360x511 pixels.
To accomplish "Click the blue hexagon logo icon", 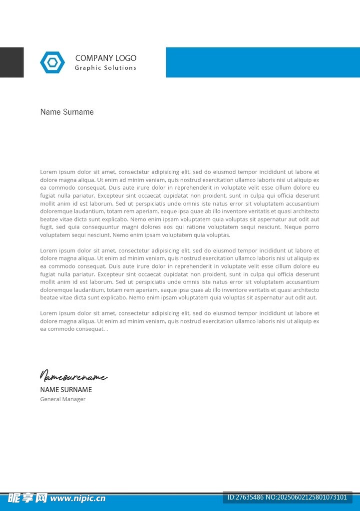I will point(52,62).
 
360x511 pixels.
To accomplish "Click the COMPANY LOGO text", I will point(105,58).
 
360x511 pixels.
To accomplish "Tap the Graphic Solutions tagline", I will point(105,68).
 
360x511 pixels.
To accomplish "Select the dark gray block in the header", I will point(11,62).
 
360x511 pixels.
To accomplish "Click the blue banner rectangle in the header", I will point(263,62).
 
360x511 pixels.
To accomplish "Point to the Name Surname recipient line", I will point(67,112).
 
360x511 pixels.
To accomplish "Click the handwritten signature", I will point(73,376).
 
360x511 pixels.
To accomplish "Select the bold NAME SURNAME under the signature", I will point(66,390).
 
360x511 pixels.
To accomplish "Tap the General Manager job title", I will point(63,399).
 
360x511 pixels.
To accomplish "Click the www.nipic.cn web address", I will point(78,498).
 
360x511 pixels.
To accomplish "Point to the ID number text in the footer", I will point(287,497).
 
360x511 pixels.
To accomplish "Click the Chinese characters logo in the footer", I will point(27,498).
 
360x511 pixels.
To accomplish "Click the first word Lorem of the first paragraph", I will point(49,172).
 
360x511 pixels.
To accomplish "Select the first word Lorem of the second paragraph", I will point(49,251).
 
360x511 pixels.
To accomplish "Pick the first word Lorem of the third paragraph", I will point(49,313).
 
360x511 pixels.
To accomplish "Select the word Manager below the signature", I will point(73,399).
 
